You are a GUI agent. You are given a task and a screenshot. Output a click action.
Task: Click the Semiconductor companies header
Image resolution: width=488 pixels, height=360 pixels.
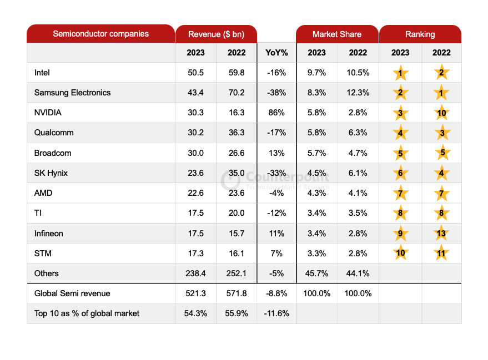pyautogui.click(x=100, y=34)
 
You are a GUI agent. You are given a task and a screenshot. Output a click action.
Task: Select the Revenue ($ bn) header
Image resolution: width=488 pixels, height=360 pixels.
pyautogui.click(x=216, y=34)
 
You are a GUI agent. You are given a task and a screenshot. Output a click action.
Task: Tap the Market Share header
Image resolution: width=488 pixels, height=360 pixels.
pyautogui.click(x=336, y=34)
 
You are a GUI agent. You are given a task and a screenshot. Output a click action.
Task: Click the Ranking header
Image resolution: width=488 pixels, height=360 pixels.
pyautogui.click(x=420, y=34)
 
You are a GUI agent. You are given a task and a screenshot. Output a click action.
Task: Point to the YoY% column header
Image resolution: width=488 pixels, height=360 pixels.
pyautogui.click(x=276, y=53)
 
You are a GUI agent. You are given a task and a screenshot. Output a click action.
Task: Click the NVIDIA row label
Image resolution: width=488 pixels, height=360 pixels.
pyautogui.click(x=48, y=113)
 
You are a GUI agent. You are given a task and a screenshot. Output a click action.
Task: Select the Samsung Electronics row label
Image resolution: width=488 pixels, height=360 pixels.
pyautogui.click(x=72, y=93)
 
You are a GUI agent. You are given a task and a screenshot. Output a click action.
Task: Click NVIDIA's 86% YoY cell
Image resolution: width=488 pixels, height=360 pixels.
pyautogui.click(x=276, y=113)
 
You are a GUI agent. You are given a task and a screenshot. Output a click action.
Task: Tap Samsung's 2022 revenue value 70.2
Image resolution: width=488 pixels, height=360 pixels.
pyautogui.click(x=236, y=93)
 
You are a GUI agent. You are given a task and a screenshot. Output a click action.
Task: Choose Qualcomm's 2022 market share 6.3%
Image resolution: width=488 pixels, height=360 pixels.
pyautogui.click(x=358, y=133)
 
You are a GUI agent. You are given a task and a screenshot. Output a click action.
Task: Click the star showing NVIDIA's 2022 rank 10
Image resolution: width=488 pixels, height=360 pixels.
pyautogui.click(x=442, y=113)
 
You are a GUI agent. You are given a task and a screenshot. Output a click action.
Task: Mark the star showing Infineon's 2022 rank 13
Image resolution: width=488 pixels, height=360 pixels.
pyautogui.click(x=442, y=234)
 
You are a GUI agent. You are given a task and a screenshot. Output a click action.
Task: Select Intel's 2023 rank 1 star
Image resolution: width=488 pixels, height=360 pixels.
pyautogui.click(x=400, y=73)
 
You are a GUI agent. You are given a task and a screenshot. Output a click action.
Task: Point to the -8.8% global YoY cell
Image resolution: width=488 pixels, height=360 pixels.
pyautogui.click(x=276, y=293)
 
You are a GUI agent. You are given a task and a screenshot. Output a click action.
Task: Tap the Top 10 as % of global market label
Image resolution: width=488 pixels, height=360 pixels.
pyautogui.click(x=87, y=313)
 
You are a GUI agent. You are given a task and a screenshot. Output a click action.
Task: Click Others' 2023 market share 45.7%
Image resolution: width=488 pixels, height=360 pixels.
pyautogui.click(x=316, y=273)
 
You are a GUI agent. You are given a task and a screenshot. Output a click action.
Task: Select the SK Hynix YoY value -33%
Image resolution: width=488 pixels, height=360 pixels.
pyautogui.click(x=276, y=173)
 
